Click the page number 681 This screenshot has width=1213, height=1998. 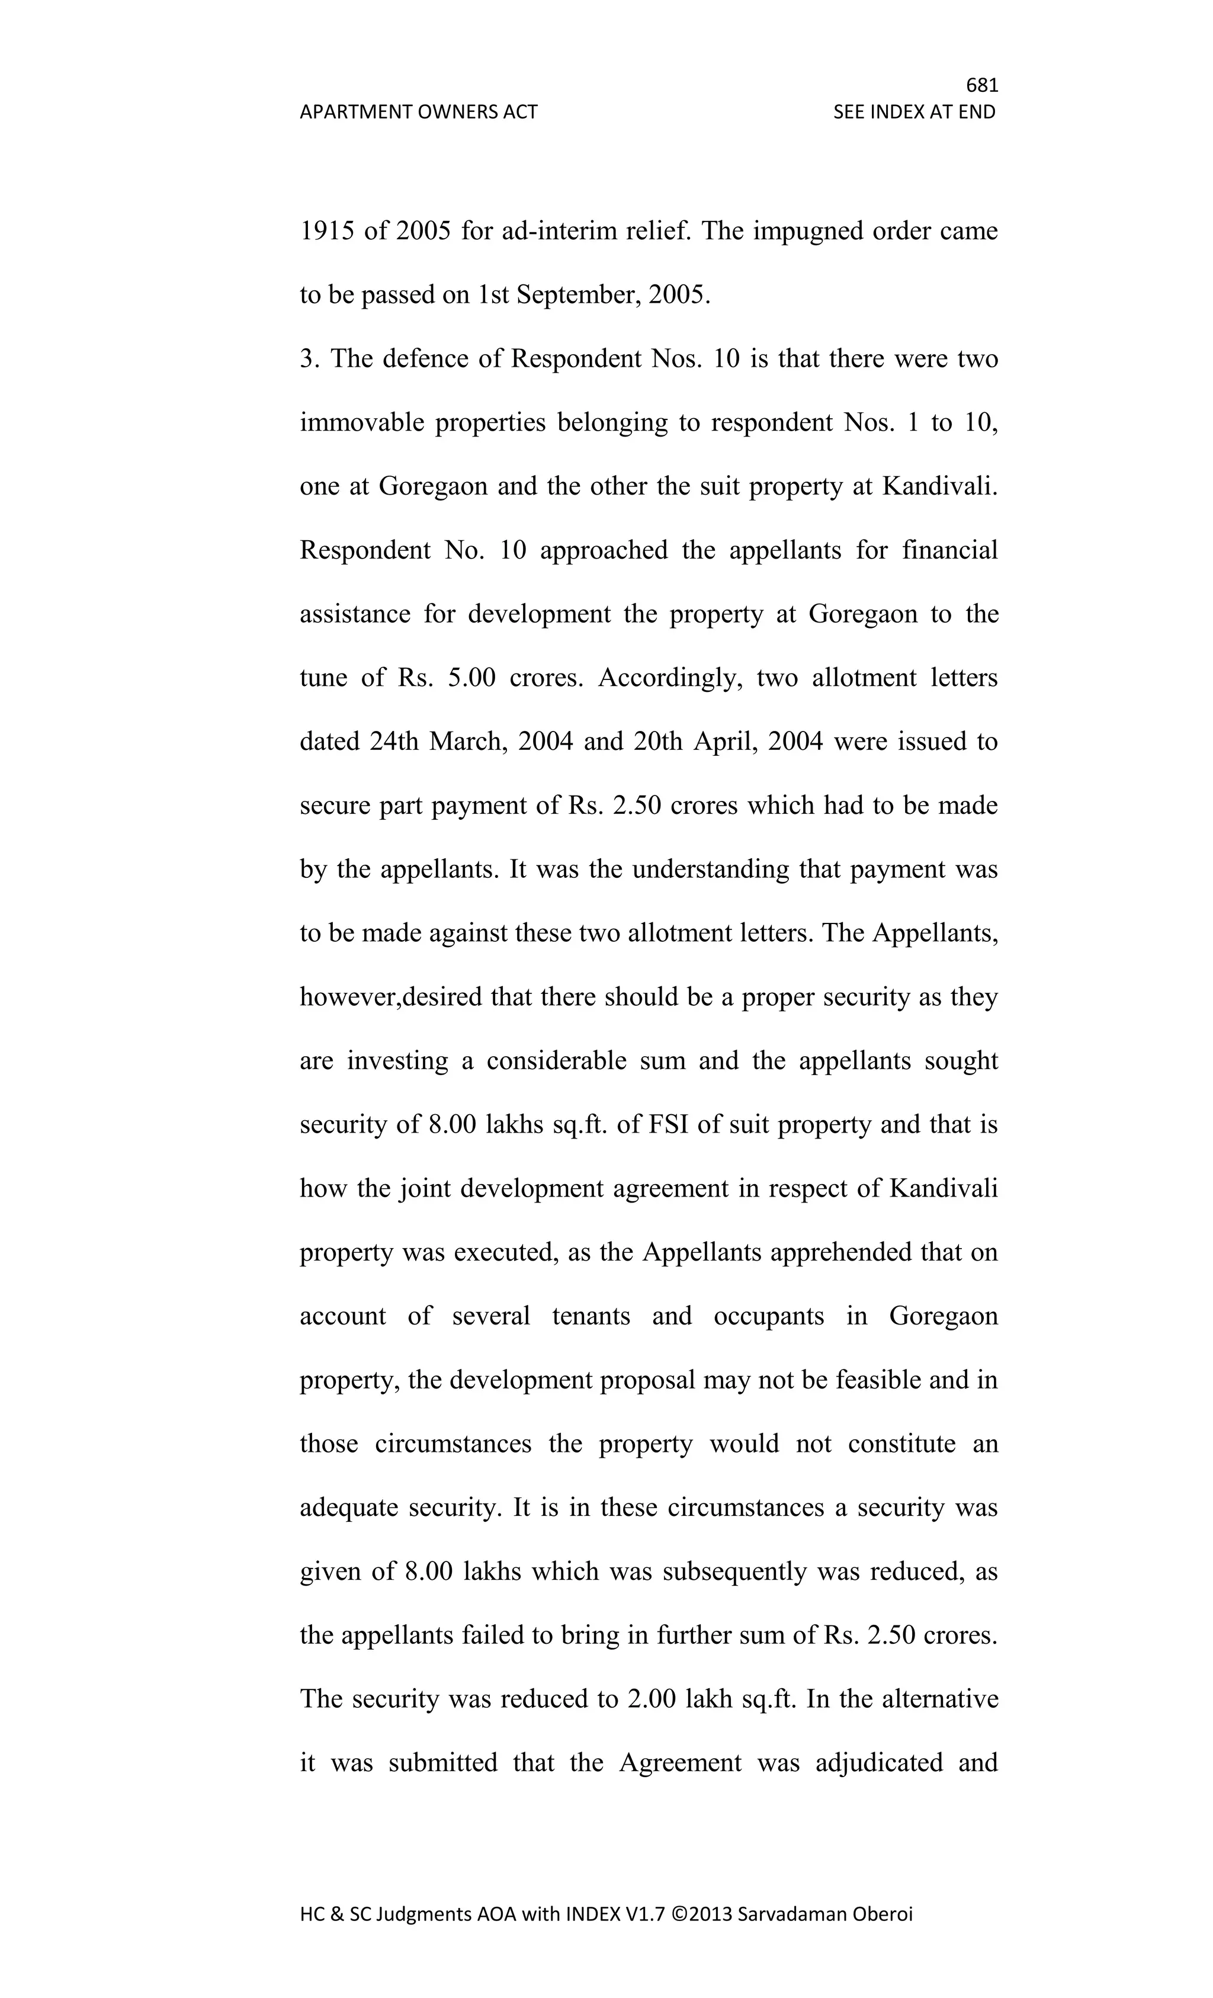click(x=982, y=85)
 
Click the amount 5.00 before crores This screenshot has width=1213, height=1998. click(x=470, y=678)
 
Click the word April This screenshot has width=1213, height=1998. click(x=724, y=742)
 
